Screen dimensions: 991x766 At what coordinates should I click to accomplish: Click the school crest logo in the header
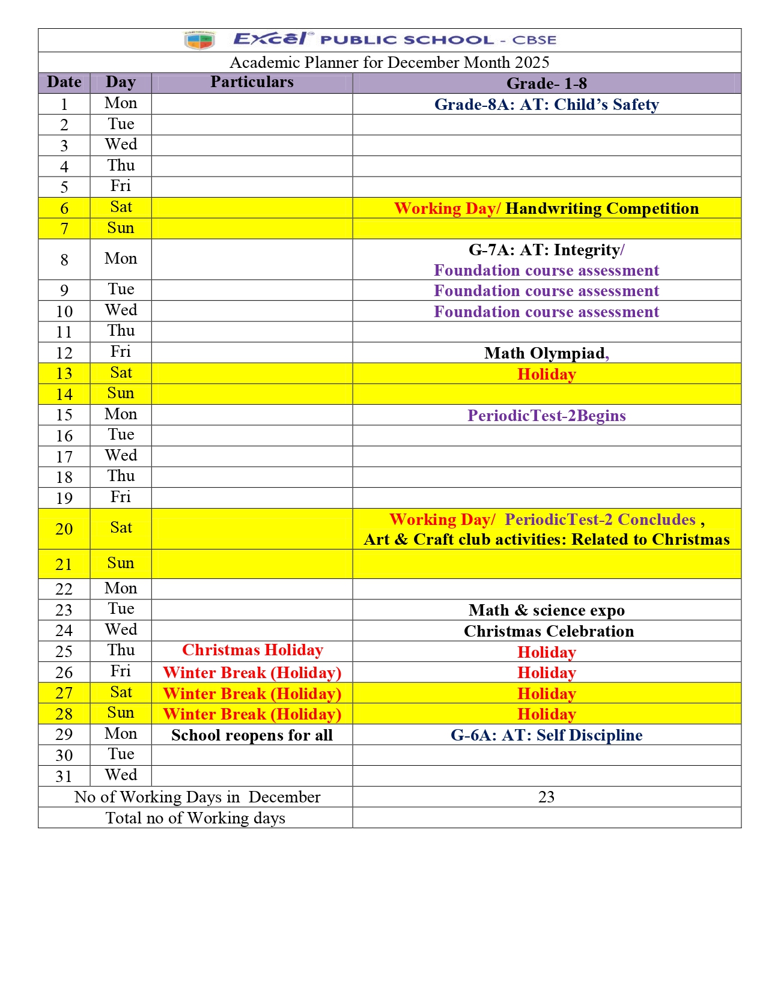199,40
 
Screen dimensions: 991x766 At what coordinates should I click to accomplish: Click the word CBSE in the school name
534,40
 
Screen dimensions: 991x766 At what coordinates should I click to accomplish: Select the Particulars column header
252,82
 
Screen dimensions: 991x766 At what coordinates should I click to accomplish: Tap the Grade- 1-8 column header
546,83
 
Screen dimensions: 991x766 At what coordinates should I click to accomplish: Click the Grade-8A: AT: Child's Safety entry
546,105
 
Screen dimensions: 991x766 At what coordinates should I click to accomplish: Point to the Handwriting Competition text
602,208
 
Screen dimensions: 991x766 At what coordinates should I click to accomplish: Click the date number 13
64,374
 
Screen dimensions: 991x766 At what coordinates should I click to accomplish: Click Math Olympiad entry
545,353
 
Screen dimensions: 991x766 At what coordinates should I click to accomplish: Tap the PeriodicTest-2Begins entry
546,416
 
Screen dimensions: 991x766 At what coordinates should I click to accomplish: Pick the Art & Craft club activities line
546,539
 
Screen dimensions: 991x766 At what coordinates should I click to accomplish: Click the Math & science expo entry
546,610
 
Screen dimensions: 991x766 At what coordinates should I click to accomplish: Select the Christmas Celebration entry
549,631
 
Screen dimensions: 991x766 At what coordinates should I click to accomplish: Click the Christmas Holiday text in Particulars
252,650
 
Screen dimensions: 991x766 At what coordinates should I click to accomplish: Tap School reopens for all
252,735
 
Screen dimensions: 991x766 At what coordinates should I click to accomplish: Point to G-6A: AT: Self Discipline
546,735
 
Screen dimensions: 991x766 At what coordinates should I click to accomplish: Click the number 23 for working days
546,797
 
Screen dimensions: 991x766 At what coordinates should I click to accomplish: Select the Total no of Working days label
195,818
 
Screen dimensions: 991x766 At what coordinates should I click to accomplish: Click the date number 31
64,777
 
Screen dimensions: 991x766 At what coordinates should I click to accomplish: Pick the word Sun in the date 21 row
121,563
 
